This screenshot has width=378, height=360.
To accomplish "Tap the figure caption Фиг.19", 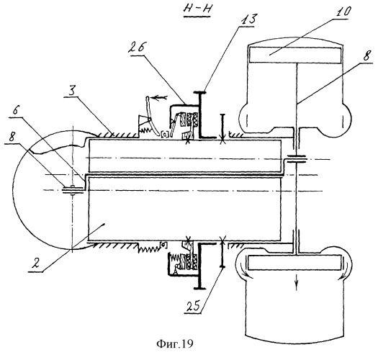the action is click(x=175, y=343).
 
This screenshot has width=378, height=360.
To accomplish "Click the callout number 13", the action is click(x=247, y=19).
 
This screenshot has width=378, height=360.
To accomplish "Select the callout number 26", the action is click(x=136, y=48).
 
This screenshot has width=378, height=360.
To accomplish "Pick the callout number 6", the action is click(x=14, y=110).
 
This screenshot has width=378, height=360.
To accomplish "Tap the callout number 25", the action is click(x=193, y=306).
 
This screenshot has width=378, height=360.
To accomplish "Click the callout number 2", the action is click(x=36, y=264).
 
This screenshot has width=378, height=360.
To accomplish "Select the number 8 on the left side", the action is click(x=12, y=137).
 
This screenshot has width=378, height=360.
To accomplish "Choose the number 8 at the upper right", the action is click(x=366, y=55).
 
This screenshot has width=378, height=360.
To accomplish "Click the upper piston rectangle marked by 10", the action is click(x=295, y=55).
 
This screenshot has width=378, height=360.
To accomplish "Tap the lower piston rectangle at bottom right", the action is click(x=295, y=262).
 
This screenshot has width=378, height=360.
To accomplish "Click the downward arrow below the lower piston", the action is click(x=296, y=282).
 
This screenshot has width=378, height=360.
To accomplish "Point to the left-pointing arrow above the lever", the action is click(x=158, y=98).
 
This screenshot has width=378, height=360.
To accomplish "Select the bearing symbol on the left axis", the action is click(x=73, y=190).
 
